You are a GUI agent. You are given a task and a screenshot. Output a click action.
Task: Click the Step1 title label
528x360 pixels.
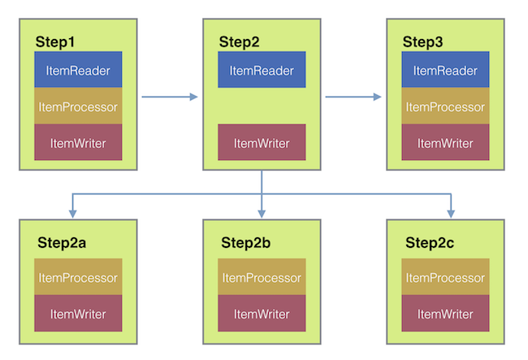54,41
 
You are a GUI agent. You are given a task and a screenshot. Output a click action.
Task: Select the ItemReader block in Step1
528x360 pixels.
78,71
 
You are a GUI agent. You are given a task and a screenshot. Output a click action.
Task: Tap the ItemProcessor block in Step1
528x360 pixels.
78,107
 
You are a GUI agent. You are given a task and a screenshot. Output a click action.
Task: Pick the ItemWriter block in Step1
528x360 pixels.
78,143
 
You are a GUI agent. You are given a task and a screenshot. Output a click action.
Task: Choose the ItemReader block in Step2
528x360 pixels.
262,71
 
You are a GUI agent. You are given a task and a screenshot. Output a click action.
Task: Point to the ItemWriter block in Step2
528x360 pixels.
262,143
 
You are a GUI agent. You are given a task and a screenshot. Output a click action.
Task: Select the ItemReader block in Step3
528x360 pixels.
445,71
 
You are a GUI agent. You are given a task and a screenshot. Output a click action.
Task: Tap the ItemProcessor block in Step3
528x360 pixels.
445,107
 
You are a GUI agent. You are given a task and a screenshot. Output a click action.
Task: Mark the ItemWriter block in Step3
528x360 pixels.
445,143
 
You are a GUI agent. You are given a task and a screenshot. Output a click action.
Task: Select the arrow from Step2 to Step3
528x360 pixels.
353,98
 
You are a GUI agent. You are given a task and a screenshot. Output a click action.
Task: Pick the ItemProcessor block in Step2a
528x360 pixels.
78,278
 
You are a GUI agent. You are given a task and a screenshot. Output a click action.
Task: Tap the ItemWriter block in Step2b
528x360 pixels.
262,314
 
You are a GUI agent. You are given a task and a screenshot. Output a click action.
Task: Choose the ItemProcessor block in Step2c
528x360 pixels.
445,278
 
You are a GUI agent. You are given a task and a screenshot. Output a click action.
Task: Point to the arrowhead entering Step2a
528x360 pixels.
73,214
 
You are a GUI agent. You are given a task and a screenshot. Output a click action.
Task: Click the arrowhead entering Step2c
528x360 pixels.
450,214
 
